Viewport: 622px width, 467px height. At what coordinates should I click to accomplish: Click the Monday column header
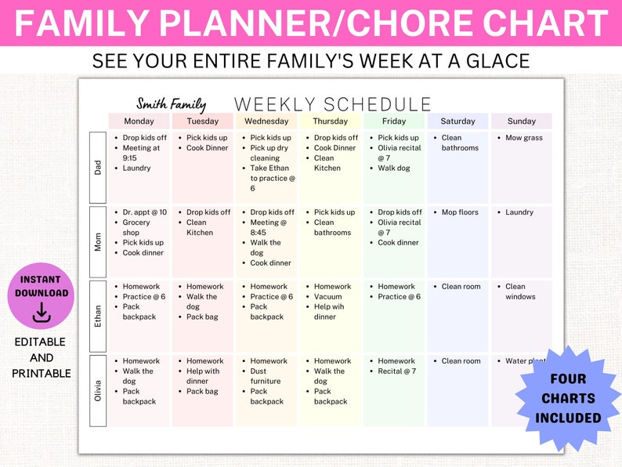pos(139,121)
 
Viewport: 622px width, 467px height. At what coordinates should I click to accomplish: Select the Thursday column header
pos(330,121)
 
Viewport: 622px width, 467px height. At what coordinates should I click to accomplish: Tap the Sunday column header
pos(521,121)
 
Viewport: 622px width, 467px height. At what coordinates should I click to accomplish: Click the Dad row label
pos(98,167)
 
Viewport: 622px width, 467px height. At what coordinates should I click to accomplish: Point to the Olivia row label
pos(98,390)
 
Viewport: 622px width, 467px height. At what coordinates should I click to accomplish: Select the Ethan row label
pos(98,316)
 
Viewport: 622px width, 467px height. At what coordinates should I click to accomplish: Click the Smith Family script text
pos(171,104)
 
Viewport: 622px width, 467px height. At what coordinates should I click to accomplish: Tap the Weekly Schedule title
pos(333,105)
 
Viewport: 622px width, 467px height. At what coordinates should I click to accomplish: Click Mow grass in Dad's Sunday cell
pos(524,138)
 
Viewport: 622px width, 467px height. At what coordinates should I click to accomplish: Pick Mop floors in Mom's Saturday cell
pos(460,212)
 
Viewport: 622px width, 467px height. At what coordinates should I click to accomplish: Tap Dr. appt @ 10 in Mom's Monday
pos(144,212)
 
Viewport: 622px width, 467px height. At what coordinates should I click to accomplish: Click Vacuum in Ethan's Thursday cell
pos(328,297)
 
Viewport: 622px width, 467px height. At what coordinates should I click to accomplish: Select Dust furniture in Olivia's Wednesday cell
pos(266,376)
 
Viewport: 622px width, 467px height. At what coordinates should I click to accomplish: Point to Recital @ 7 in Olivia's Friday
pos(397,371)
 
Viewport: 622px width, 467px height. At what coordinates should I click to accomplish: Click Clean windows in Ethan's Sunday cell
pos(520,291)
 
